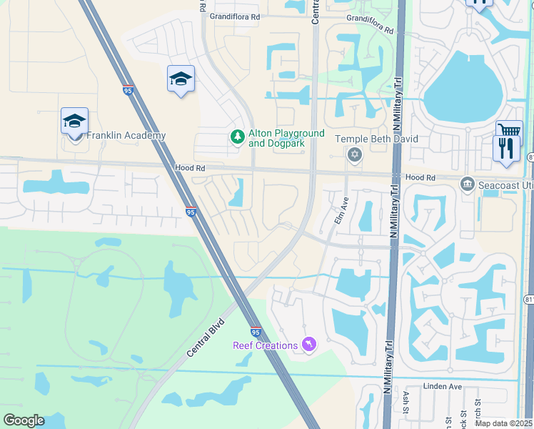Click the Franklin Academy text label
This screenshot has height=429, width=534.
pos(126,136)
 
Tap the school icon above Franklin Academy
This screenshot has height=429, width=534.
pos(74,122)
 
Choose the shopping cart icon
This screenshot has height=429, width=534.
pos(508,129)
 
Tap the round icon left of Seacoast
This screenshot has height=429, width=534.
pos(468,183)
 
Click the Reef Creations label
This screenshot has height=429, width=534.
pos(265,346)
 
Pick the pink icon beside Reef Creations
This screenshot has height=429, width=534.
pos(308,345)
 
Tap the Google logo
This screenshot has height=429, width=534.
pos(24,420)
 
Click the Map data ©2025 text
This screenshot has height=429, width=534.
pos(503,423)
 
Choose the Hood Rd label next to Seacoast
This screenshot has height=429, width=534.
pos(420,177)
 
